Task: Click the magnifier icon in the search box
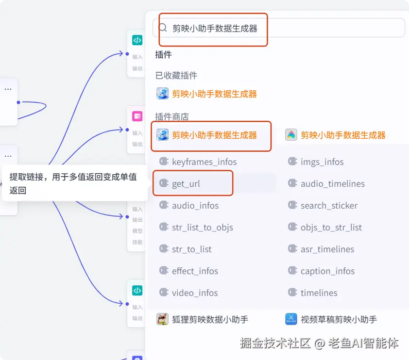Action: (x=163, y=28)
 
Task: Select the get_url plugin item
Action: (x=186, y=184)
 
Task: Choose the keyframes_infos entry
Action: (x=204, y=162)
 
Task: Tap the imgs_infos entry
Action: (x=322, y=162)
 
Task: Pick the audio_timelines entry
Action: (x=332, y=184)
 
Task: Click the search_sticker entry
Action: (x=329, y=206)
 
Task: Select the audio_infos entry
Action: (x=195, y=206)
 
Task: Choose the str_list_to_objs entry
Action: (x=202, y=228)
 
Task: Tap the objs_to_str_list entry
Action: (x=331, y=228)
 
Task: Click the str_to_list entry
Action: (x=191, y=249)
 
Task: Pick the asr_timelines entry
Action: (x=327, y=249)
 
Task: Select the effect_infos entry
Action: (x=195, y=271)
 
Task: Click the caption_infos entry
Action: (x=327, y=271)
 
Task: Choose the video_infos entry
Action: (x=194, y=293)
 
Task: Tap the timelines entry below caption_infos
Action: (x=319, y=293)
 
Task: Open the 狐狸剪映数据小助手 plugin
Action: (x=209, y=319)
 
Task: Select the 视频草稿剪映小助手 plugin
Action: (x=339, y=319)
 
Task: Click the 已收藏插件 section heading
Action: (x=176, y=75)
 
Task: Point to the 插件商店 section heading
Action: (x=171, y=116)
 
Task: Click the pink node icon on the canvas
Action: (x=137, y=116)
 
